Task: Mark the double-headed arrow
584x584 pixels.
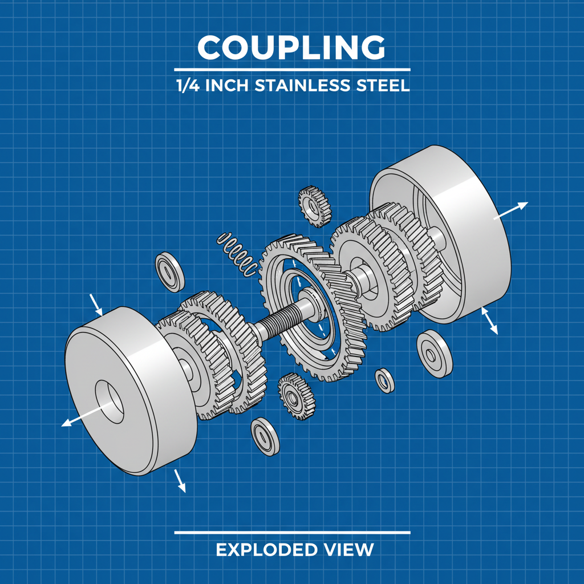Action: [489, 321]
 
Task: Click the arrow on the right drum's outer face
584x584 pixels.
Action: [511, 210]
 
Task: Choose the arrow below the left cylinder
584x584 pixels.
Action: [180, 480]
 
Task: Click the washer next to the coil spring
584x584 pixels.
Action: [170, 270]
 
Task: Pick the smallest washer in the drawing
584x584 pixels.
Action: [384, 380]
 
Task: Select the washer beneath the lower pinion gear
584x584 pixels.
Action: [265, 437]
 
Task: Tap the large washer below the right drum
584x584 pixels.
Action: [435, 354]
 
